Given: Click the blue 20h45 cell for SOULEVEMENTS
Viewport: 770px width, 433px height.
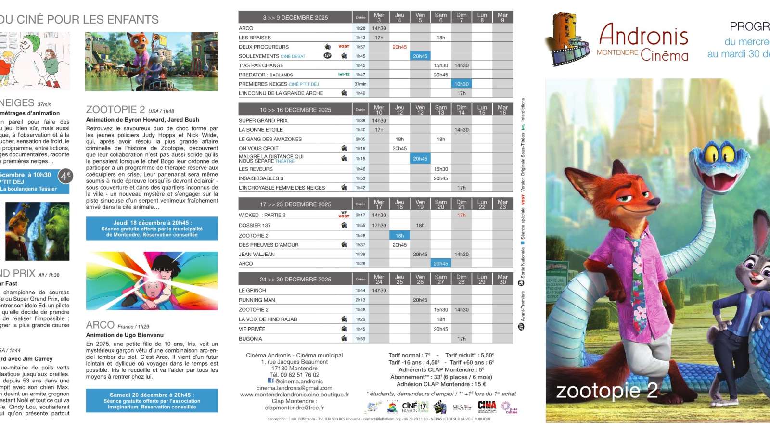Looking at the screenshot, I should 420,56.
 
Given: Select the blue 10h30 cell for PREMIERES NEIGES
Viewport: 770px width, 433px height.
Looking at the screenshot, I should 461,84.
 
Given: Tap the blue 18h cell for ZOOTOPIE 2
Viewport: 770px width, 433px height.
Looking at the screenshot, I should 399,236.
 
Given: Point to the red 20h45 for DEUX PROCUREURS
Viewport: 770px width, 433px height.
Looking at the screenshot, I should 399,47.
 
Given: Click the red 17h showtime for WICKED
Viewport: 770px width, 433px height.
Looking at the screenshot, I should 461,215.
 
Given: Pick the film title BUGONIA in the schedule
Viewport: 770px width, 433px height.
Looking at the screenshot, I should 250,339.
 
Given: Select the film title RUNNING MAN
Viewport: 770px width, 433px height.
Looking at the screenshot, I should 257,300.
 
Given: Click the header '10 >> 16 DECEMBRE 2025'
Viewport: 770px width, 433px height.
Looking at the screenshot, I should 295,110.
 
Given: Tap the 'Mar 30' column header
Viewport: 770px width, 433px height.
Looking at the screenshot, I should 502,279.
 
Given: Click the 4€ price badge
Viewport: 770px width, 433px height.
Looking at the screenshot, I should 65,176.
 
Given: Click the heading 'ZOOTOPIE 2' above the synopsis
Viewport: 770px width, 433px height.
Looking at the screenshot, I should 115,110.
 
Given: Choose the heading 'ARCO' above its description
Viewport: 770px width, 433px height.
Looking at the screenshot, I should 100,325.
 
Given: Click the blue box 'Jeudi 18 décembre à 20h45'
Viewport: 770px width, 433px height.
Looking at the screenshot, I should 152,229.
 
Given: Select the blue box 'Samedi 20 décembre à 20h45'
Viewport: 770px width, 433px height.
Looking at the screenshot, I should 152,400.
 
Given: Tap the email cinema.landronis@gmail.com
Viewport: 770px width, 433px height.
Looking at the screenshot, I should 294,388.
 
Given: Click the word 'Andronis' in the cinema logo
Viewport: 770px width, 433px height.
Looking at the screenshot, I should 643,36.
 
